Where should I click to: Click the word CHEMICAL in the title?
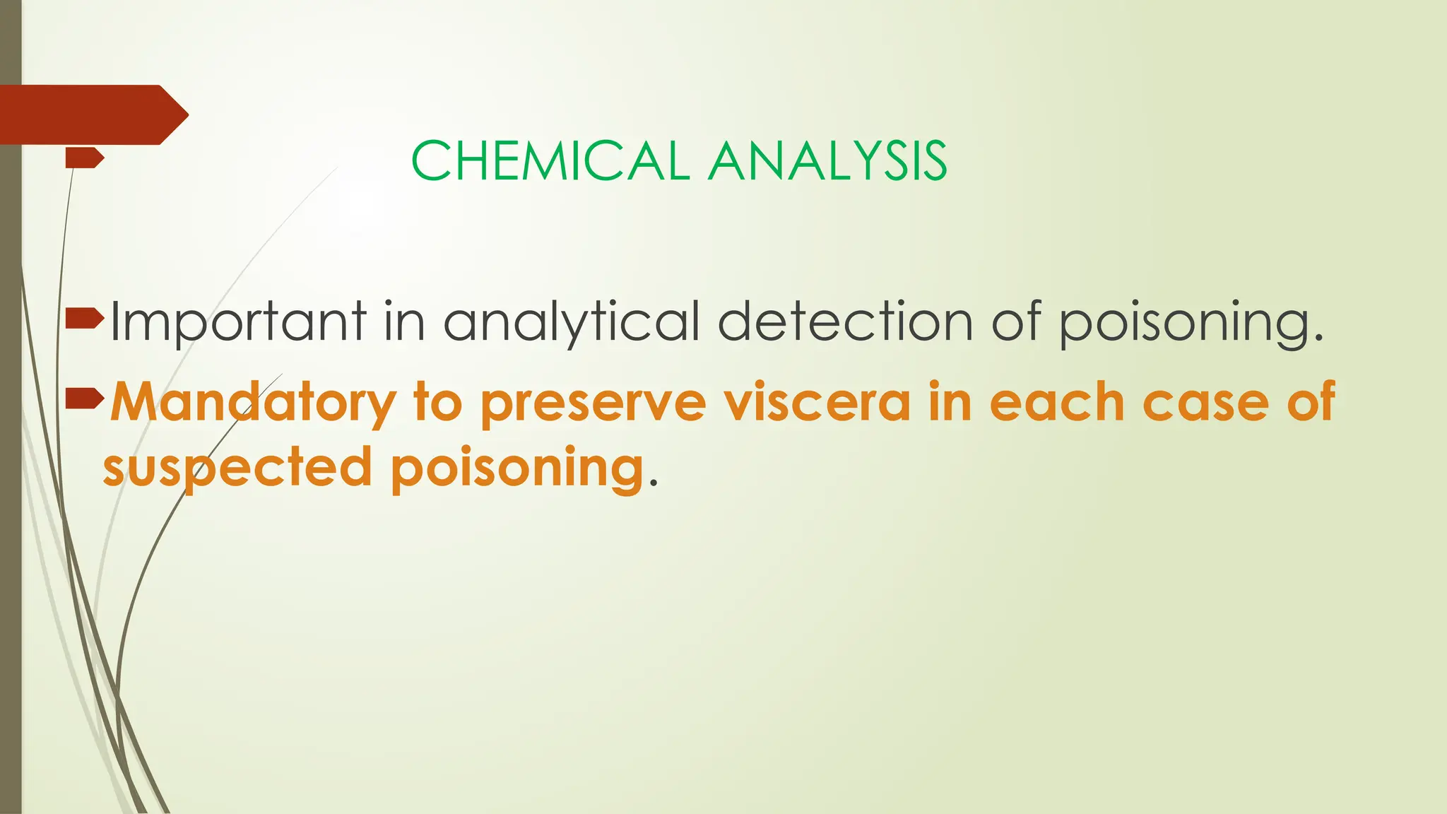[550, 161]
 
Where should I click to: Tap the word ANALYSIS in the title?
[827, 161]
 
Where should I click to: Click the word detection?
[845, 322]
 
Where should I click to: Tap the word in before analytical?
[404, 322]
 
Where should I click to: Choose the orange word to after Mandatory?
[438, 401]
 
